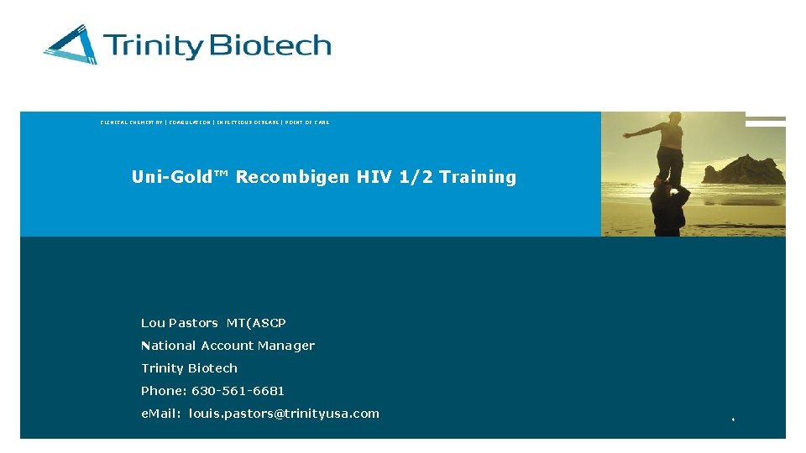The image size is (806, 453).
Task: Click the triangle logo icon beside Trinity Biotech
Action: [71, 44]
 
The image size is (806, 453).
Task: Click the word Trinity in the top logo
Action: [154, 45]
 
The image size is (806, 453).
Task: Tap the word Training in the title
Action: [478, 177]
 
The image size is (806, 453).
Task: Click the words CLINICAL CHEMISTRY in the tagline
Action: [132, 122]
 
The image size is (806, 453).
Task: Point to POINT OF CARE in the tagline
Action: [307, 122]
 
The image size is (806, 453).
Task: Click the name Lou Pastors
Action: [180, 323]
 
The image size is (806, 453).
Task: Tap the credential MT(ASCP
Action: [256, 323]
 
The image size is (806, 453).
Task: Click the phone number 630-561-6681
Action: [238, 391]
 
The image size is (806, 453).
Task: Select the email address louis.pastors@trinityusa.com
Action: [284, 414]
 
